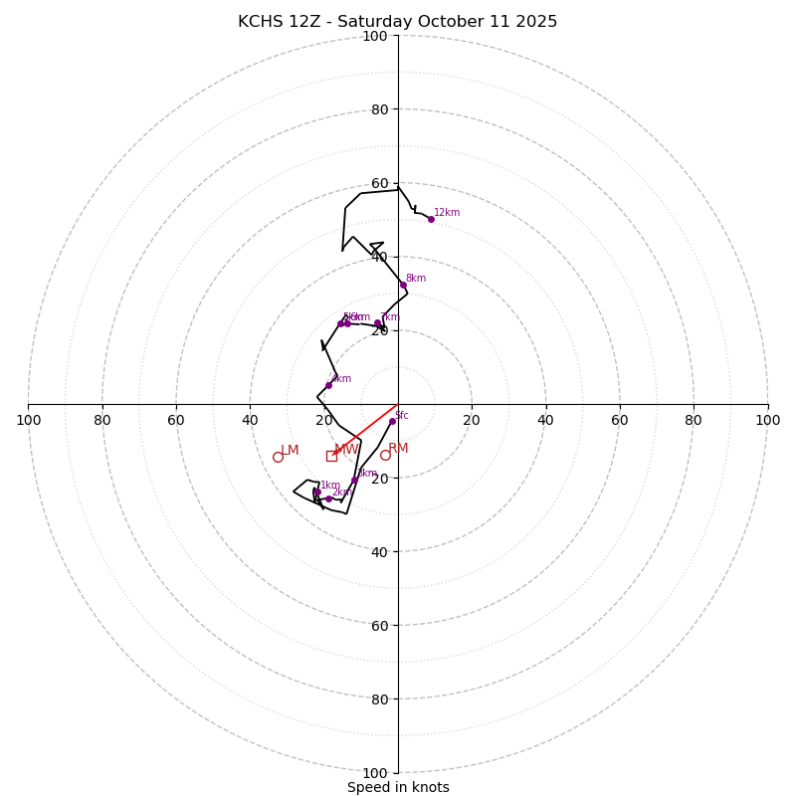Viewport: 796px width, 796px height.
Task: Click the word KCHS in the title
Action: (x=260, y=22)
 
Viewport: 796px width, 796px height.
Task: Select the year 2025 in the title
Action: (x=536, y=22)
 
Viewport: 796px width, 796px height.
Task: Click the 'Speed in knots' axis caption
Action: (x=398, y=787)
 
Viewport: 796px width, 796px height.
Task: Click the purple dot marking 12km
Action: (x=431, y=219)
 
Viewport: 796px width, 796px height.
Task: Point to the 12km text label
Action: (x=447, y=212)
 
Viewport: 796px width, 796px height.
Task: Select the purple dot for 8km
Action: (x=403, y=285)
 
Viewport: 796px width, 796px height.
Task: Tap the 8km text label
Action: (x=416, y=279)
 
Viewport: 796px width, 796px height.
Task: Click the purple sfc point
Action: (x=392, y=421)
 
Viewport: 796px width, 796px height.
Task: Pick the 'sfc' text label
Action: (x=402, y=415)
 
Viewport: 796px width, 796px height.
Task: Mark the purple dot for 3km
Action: (x=354, y=480)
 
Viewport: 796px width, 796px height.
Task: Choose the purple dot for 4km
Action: (x=329, y=385)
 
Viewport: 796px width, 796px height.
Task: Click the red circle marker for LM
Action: (x=278, y=457)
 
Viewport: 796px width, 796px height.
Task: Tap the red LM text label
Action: (x=290, y=451)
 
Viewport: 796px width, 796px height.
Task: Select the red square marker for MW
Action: (x=331, y=456)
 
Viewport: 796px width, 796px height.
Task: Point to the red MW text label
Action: (x=346, y=450)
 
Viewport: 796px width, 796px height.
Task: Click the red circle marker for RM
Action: (x=385, y=455)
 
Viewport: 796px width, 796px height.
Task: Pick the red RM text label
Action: (x=398, y=449)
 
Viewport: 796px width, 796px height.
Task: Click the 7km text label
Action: (x=389, y=317)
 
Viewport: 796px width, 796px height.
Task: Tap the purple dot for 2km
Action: (x=328, y=498)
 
